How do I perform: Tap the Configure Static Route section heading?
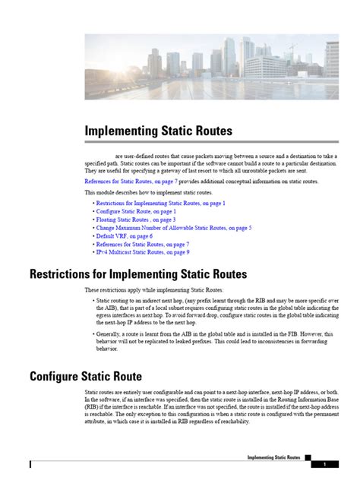click(x=86, y=375)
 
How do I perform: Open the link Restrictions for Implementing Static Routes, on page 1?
click(x=160, y=204)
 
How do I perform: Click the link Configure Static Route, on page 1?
click(x=137, y=212)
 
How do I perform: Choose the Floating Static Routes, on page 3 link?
click(x=135, y=219)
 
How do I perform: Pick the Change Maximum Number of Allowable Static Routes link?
click(x=173, y=228)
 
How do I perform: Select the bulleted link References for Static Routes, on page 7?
click(x=142, y=244)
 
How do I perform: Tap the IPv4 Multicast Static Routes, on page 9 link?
click(x=142, y=252)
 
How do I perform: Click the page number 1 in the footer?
click(x=324, y=463)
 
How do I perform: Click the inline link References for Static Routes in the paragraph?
click(x=130, y=182)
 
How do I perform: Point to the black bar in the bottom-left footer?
click(x=31, y=463)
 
